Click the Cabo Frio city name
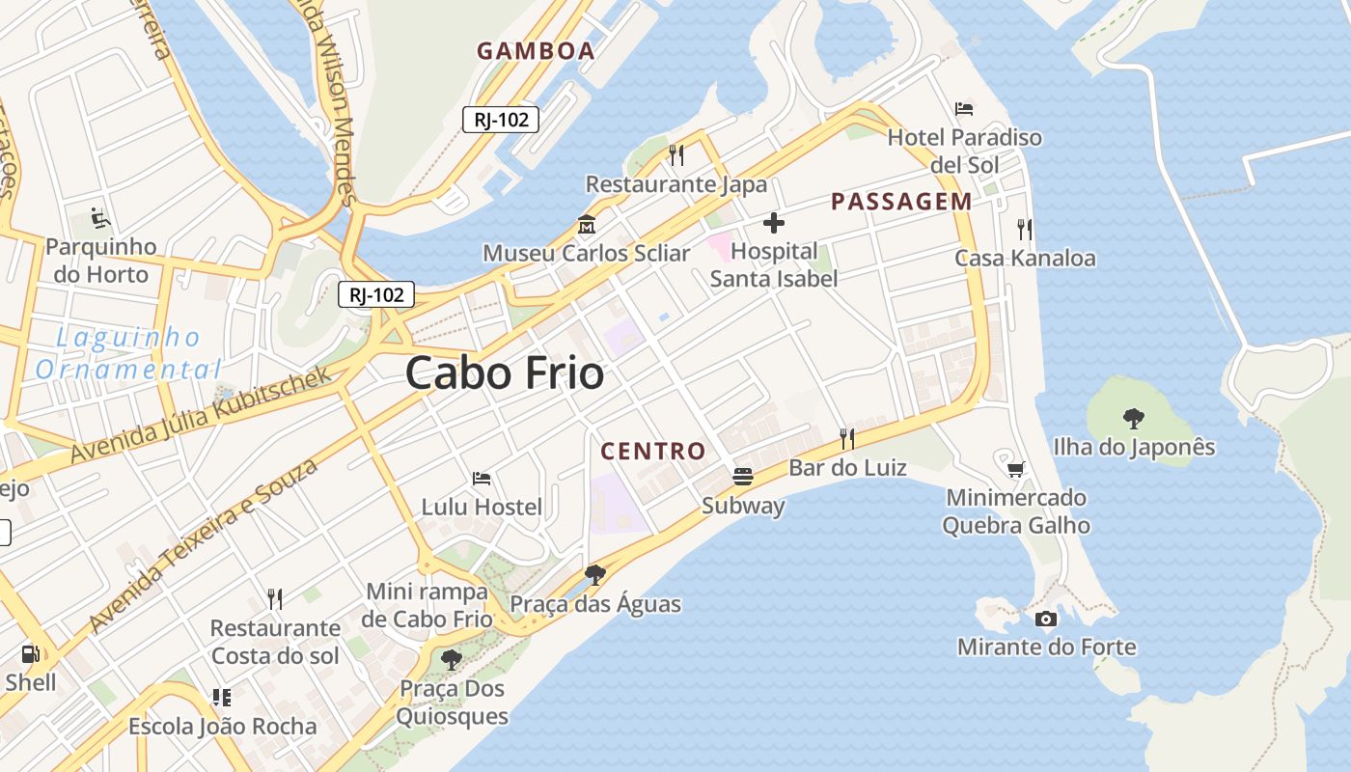505,372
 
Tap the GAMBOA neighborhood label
536,51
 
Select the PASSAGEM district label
901,202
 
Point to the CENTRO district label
653,451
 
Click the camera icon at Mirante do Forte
1045,619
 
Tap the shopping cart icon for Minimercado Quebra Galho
1015,469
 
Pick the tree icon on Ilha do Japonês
1134,418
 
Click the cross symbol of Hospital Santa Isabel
773,224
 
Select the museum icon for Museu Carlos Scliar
586,225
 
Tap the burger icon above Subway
742,476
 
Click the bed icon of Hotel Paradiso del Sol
963,108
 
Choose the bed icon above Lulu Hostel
482,478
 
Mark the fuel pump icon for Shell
30,653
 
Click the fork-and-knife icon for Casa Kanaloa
1025,229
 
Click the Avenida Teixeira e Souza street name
204,545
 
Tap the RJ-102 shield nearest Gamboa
501,120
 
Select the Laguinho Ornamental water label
128,353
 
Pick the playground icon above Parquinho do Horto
100,218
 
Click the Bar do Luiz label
847,468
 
